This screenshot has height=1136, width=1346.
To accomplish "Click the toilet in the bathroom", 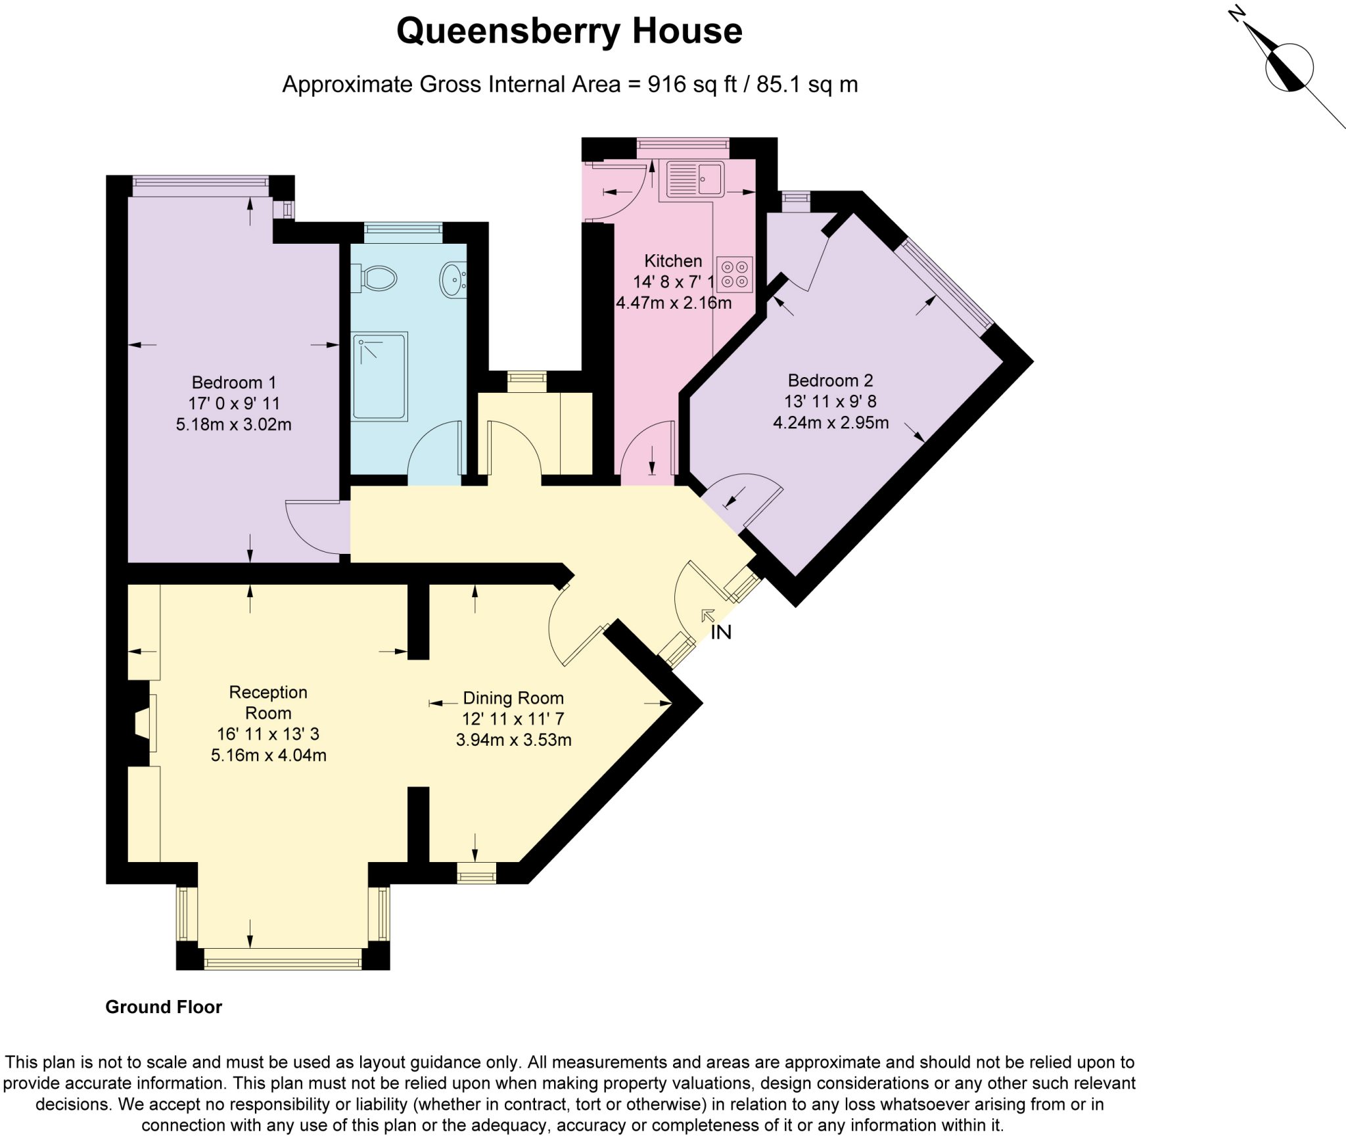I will click(375, 278).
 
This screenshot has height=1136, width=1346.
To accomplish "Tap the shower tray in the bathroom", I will click(380, 376).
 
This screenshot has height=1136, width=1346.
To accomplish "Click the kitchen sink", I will click(695, 179).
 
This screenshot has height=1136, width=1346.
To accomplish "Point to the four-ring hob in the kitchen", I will click(735, 274).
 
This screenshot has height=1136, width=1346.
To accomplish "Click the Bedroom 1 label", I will click(233, 382).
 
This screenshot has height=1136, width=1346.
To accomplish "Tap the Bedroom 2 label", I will click(830, 380).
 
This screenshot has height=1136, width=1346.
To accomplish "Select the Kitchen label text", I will click(673, 261).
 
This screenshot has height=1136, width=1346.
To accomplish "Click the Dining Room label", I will click(513, 698).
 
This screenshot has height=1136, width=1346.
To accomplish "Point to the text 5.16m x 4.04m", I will click(268, 755).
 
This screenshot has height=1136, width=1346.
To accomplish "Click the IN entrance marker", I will click(721, 632).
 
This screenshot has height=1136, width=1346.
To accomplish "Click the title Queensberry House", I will click(569, 31).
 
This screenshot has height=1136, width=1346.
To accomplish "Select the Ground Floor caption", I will click(164, 1007).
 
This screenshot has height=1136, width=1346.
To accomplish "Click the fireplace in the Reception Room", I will click(142, 723).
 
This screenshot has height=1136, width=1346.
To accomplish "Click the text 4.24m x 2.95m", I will click(831, 422).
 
